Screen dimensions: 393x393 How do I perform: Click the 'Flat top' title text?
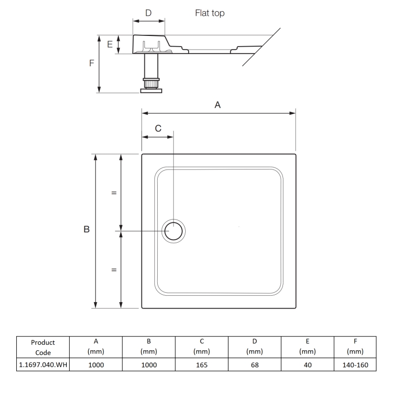[x=210, y=13]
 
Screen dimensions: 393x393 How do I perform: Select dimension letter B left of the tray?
[x=86, y=229]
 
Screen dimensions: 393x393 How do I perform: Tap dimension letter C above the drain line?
[x=158, y=128]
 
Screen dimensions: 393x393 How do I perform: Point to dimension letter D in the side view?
[x=148, y=12]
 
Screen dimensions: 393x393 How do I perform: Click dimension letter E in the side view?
[x=110, y=45]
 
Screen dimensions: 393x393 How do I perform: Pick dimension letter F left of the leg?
[x=91, y=63]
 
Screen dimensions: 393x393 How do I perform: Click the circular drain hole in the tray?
[x=174, y=231]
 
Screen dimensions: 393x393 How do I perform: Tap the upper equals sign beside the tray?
[x=114, y=193]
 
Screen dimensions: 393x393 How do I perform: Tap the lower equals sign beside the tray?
[x=114, y=270]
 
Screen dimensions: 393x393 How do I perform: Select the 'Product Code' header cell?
[x=43, y=347]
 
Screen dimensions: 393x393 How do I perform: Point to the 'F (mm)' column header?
[x=355, y=347]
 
